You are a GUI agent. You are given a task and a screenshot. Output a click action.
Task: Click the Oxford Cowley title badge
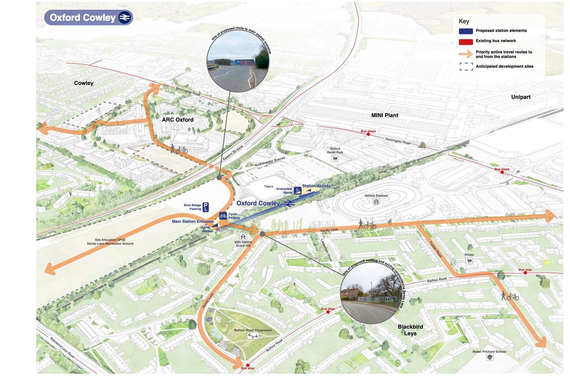pos(88,17)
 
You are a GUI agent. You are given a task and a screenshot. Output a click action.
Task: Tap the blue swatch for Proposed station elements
pos(466,31)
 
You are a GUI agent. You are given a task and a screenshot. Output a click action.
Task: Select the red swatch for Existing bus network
pos(466,42)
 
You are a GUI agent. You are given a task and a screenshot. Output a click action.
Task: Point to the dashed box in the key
pos(466,67)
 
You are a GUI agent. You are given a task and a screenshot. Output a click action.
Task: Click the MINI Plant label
pos(384,115)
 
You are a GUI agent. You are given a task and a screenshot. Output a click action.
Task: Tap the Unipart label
pos(520,97)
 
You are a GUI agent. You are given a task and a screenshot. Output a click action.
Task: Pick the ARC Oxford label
pos(177,120)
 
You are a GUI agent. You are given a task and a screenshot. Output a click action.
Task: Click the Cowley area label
pos(84,83)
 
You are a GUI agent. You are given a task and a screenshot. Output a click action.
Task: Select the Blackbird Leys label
pos(410,330)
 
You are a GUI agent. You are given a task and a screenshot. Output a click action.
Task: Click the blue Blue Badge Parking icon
pos(206,207)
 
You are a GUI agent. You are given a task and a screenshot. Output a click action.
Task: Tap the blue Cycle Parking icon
pos(223,216)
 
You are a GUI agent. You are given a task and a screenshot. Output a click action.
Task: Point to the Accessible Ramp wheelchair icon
pos(297,191)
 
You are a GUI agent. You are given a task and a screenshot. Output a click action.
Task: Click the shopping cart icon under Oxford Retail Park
pos(335,159)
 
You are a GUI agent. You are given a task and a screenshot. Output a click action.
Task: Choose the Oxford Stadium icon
pos(376,201)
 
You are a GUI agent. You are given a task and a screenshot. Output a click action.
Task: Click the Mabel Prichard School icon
pos(490,357)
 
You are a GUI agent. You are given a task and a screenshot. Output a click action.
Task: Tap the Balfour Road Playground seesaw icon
pos(253,335)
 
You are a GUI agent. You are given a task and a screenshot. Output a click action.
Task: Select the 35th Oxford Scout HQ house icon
pos(243,237)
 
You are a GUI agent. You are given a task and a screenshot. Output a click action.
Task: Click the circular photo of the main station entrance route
pos(238,61)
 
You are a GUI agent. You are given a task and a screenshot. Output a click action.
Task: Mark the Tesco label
pos(269,186)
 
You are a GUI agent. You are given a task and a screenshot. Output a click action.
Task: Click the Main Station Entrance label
pos(193,221)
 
